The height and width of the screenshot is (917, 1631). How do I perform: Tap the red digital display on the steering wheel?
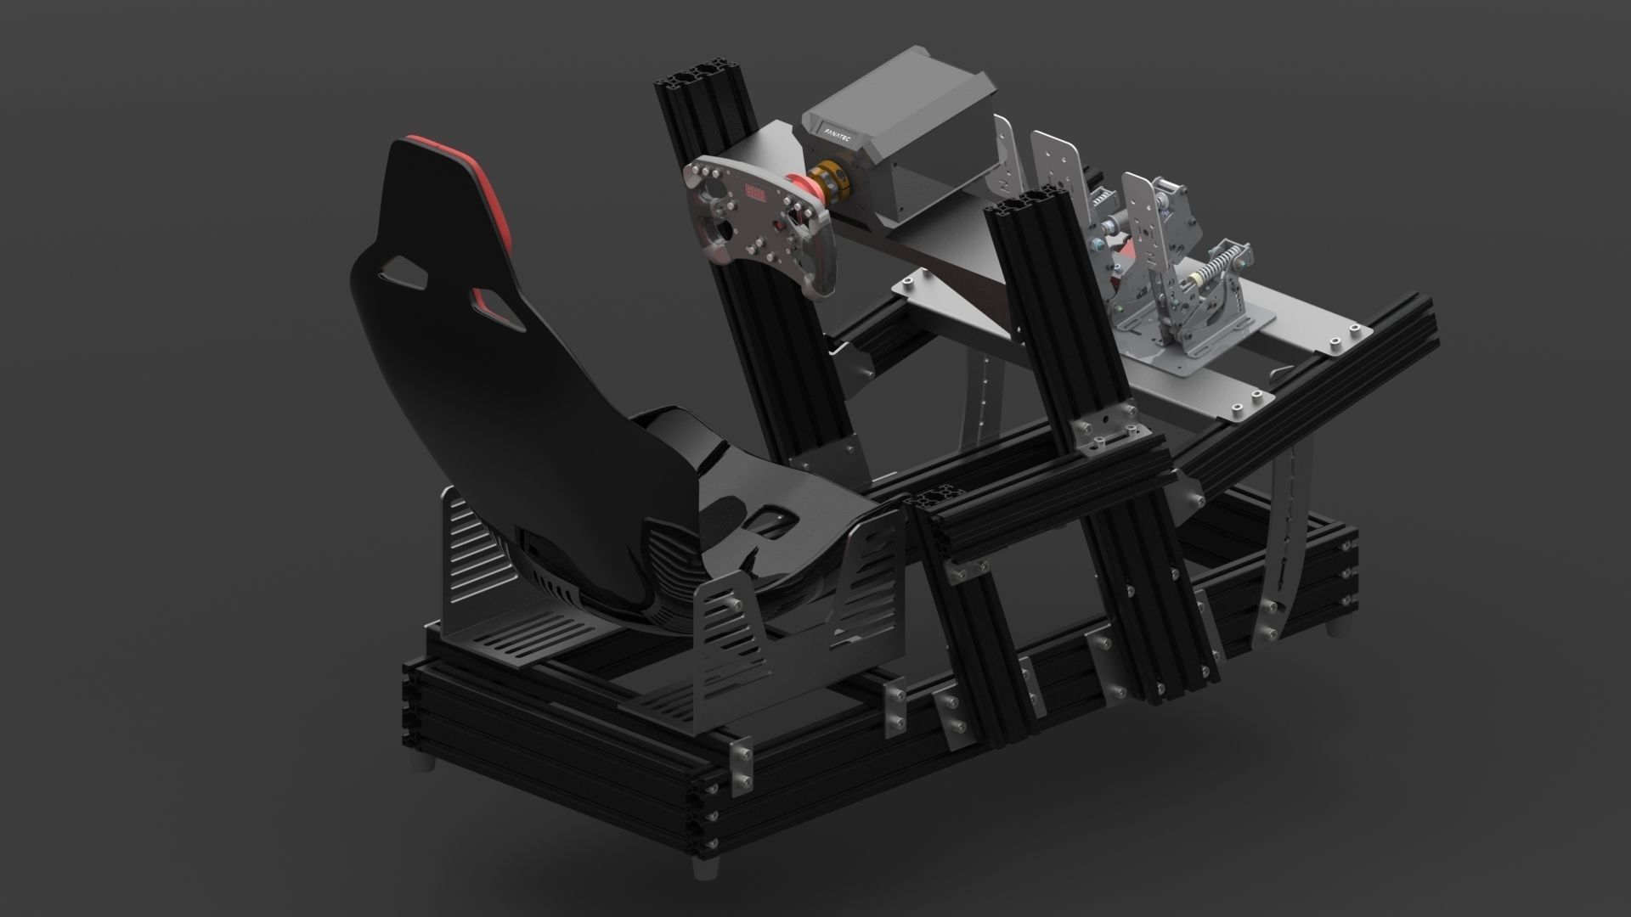(755, 192)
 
